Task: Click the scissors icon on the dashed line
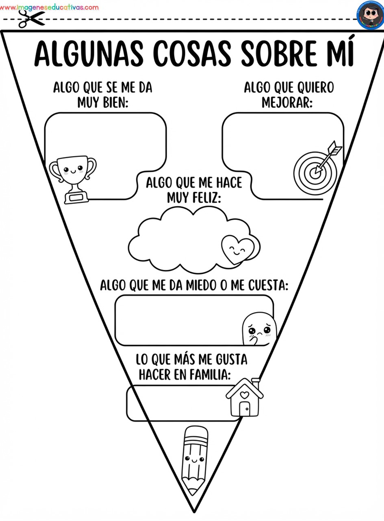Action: pyautogui.click(x=32, y=19)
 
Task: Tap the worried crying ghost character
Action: pyautogui.click(x=259, y=328)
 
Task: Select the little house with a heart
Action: pyautogui.click(x=245, y=397)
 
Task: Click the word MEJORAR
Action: pyautogui.click(x=287, y=103)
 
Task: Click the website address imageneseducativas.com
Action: pyautogui.click(x=49, y=7)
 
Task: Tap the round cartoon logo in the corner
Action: pyautogui.click(x=370, y=15)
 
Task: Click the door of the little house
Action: pyautogui.click(x=245, y=409)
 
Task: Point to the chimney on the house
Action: pyautogui.click(x=256, y=383)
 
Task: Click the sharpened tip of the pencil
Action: pyautogui.click(x=193, y=491)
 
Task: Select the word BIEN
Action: pyautogui.click(x=116, y=103)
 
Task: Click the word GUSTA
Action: pyautogui.click(x=232, y=359)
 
